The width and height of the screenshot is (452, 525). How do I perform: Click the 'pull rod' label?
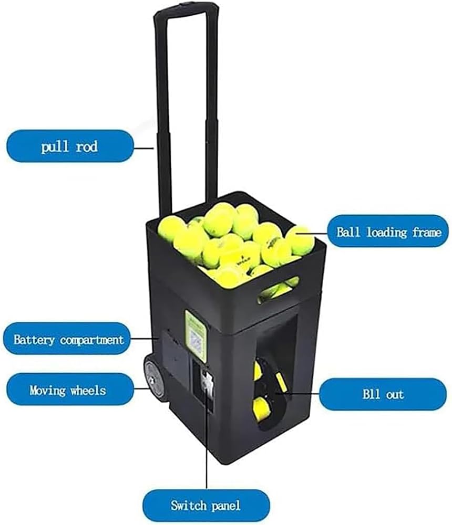coord(70,146)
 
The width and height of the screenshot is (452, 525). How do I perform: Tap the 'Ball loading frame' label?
coord(388,232)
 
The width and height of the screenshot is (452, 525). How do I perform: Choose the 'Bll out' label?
coord(383,394)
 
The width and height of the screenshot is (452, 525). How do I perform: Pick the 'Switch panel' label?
coord(206,505)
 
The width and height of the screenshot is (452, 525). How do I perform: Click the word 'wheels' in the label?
coord(88,390)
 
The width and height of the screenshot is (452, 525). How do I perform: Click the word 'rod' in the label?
coord(87,146)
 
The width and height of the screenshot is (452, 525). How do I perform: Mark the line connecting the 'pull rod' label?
coord(144,148)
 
